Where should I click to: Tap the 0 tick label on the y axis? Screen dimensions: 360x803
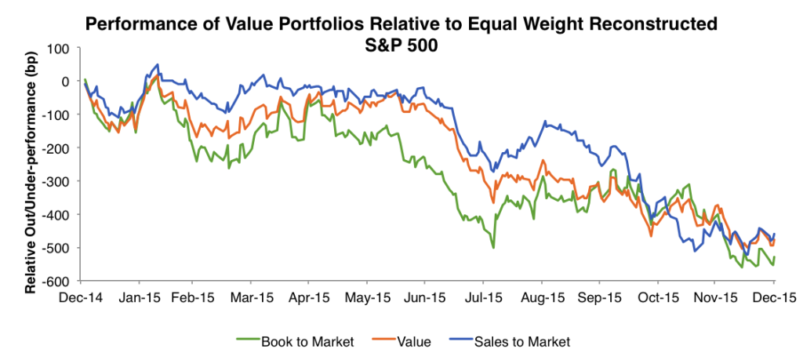pos(66,82)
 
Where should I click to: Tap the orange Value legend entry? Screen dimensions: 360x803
pos(411,341)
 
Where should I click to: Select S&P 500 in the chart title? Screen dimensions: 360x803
pos(401,45)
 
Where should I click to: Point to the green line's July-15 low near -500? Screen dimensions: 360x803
pos(493,248)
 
